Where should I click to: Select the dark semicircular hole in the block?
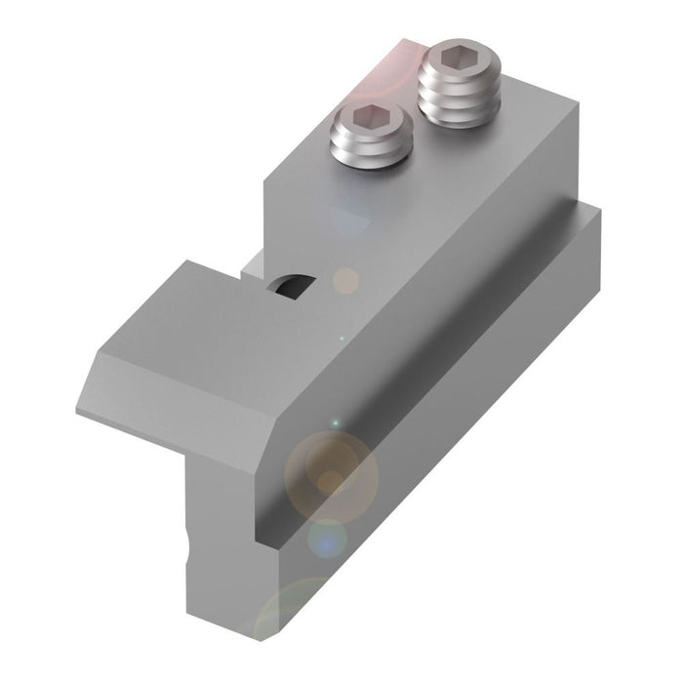292,284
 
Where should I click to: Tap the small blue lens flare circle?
329,539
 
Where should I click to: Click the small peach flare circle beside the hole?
345,282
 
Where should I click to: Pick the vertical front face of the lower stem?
220,546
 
